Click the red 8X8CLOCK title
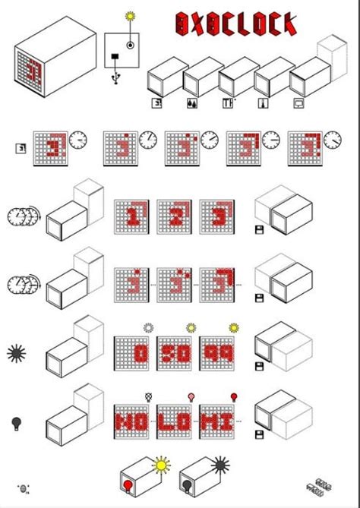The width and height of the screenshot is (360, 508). [235, 24]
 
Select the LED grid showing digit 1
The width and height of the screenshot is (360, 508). [131, 216]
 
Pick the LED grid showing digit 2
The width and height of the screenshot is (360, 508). [174, 216]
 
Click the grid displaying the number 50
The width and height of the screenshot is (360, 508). [174, 354]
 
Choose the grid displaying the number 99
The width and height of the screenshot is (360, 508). [217, 354]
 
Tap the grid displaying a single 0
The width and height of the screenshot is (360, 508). [131, 354]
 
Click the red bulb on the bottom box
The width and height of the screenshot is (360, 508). [128, 483]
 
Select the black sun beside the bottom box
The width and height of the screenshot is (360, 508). [221, 462]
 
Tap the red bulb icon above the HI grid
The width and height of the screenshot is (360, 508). [233, 396]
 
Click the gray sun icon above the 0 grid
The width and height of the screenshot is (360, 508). [148, 327]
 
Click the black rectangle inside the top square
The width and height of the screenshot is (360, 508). [115, 57]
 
